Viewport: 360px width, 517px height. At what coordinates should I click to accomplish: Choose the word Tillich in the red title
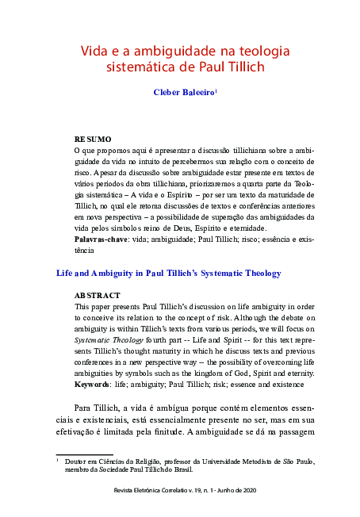tap(243, 68)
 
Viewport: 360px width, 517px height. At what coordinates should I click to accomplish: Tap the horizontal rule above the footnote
tap(79, 454)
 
